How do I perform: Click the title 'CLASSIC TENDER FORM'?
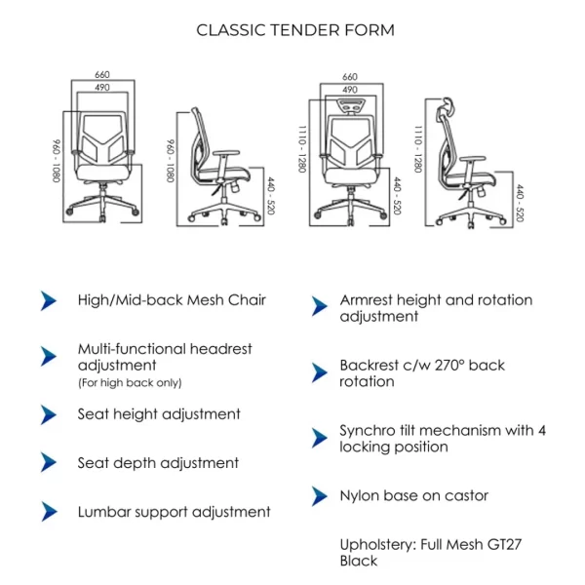click(295, 29)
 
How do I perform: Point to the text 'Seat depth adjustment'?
click(158, 463)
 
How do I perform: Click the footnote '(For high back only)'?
click(130, 382)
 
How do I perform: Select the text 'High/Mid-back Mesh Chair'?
click(172, 300)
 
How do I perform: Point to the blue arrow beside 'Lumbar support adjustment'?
click(49, 511)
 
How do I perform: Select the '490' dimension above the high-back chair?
click(349, 90)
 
